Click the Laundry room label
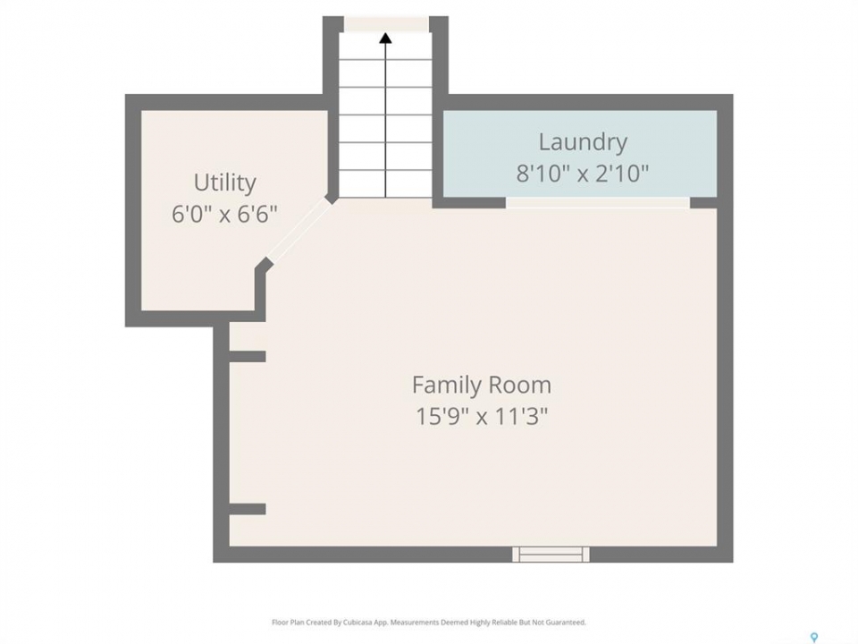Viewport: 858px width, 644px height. click(583, 142)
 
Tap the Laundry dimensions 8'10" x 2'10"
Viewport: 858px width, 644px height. click(583, 174)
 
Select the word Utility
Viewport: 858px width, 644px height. click(225, 182)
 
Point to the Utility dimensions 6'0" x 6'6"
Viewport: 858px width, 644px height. click(225, 214)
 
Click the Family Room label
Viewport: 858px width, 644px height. click(482, 385)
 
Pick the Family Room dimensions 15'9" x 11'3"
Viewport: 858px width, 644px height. click(482, 416)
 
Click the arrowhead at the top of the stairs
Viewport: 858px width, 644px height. click(386, 38)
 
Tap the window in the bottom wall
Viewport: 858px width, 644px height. click(551, 555)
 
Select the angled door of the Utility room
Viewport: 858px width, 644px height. click(299, 231)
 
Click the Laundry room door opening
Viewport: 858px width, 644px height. click(598, 203)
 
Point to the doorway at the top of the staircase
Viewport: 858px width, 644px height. click(386, 24)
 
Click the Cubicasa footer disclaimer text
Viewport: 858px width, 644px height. click(428, 623)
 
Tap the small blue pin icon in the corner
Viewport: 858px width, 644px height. click(814, 638)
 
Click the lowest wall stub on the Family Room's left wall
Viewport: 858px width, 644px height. click(248, 509)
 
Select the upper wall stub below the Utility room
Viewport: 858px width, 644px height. click(248, 357)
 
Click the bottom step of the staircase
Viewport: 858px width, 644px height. click(386, 183)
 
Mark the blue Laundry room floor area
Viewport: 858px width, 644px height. click(580, 153)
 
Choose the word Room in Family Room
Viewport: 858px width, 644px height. click(520, 385)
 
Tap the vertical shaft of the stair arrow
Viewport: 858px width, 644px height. click(386, 120)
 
